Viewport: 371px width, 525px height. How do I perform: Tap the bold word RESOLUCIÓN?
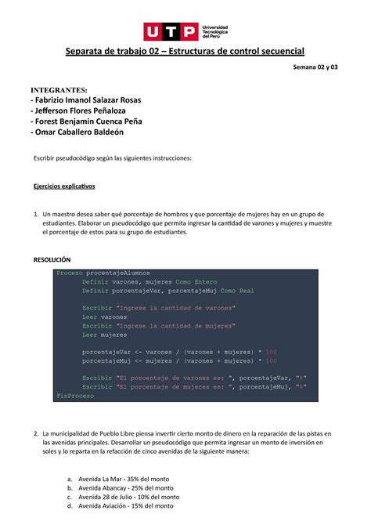[x=52, y=259]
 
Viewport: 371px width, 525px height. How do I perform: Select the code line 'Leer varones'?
[x=105, y=317]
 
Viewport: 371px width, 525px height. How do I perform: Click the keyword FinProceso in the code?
[x=75, y=396]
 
